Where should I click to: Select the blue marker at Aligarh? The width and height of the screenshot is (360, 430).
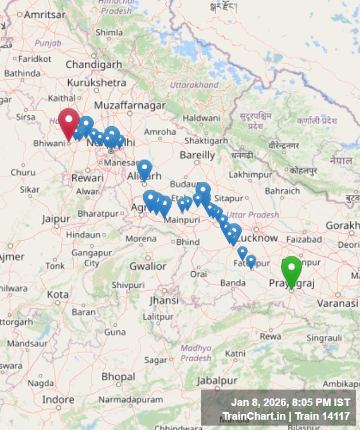(x=144, y=169)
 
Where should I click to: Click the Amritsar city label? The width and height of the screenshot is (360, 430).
(x=45, y=14)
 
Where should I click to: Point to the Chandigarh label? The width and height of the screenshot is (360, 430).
(x=94, y=64)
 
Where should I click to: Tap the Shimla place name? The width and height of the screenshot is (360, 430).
(x=109, y=33)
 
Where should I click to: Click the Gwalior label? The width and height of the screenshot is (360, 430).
(x=147, y=266)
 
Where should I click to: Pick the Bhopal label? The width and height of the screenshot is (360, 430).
(x=119, y=377)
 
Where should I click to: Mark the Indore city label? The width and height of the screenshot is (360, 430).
(x=58, y=399)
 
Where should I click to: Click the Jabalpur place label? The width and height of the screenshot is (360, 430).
(x=217, y=380)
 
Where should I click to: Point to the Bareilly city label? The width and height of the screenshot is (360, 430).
(x=197, y=155)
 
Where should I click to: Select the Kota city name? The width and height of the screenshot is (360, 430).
(x=58, y=294)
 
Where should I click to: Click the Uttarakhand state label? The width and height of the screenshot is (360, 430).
(x=194, y=85)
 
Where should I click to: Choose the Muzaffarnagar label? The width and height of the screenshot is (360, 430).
(x=130, y=105)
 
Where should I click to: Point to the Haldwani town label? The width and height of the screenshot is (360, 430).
(x=201, y=118)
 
